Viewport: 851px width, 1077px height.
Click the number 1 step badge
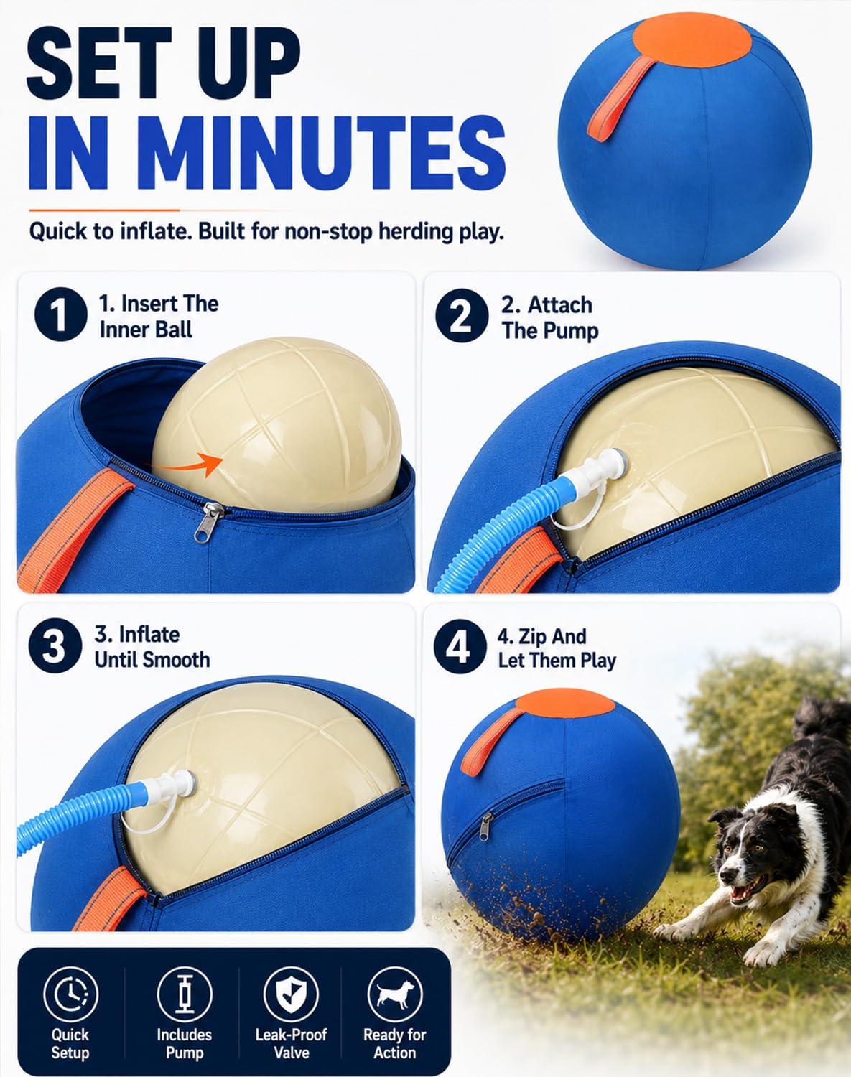[60, 314]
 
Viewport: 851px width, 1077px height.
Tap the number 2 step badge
[462, 315]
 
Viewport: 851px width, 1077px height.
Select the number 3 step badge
[55, 645]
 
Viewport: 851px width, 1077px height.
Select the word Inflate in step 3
[149, 635]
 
